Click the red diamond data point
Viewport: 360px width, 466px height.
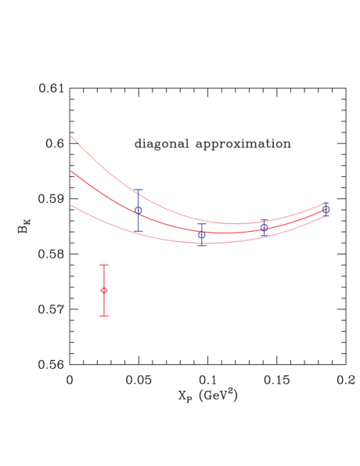pyautogui.click(x=104, y=291)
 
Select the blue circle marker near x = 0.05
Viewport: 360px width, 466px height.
pyautogui.click(x=139, y=211)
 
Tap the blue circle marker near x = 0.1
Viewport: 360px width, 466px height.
pyautogui.click(x=202, y=235)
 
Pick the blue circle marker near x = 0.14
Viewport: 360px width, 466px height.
pyautogui.click(x=264, y=227)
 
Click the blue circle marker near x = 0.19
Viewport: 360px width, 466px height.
pyautogui.click(x=326, y=210)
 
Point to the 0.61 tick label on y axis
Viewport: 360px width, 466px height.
pyautogui.click(x=51, y=89)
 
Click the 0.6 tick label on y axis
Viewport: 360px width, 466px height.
pyautogui.click(x=55, y=144)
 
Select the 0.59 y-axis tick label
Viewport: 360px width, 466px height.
pyautogui.click(x=51, y=199)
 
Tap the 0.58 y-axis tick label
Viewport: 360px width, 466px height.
pyautogui.click(x=51, y=255)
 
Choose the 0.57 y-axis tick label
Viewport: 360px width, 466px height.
pyautogui.click(x=51, y=309)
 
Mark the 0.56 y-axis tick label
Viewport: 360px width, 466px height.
pyautogui.click(x=51, y=364)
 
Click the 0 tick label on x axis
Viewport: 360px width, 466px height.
pyautogui.click(x=70, y=379)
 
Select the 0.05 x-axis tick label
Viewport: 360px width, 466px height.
pyautogui.click(x=139, y=379)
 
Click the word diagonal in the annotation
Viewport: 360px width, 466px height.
pyautogui.click(x=160, y=145)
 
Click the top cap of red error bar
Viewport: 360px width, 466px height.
pyautogui.click(x=104, y=266)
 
